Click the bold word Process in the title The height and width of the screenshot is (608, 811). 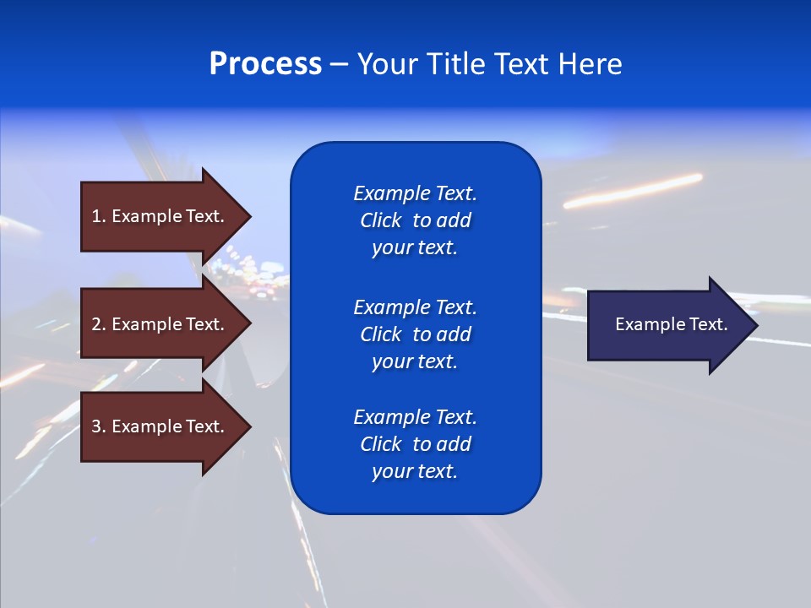coord(265,64)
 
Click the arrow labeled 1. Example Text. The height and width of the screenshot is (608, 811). coord(161,216)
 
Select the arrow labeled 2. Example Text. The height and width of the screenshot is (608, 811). coord(161,324)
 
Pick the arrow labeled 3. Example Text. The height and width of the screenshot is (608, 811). coord(161,426)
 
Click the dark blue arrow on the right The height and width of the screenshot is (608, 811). coord(667,324)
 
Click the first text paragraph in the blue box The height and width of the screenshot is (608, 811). coord(415,220)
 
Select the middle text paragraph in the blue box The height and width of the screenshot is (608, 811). coord(415,334)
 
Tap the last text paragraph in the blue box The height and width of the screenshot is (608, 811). coord(415,444)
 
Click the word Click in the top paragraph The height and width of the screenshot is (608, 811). coord(380,220)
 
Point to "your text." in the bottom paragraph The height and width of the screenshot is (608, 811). coord(415,471)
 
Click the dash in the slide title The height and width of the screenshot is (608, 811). coord(339,65)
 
